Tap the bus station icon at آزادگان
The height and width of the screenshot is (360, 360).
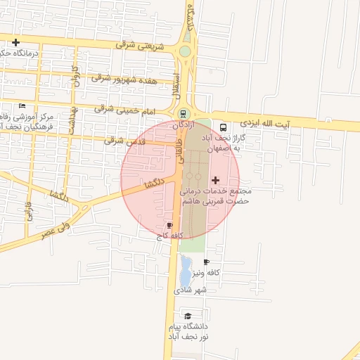(x=184, y=114)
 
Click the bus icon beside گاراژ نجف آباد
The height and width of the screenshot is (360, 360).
(x=223, y=128)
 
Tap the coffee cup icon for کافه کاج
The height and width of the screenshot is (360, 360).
(x=169, y=225)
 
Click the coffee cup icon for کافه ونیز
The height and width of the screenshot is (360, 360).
(x=205, y=262)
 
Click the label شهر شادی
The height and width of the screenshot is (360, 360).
(x=191, y=290)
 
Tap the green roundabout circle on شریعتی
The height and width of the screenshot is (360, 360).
(x=184, y=51)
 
